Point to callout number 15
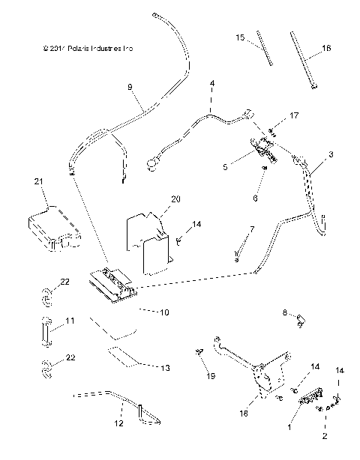(x=240, y=37)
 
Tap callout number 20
(x=176, y=199)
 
